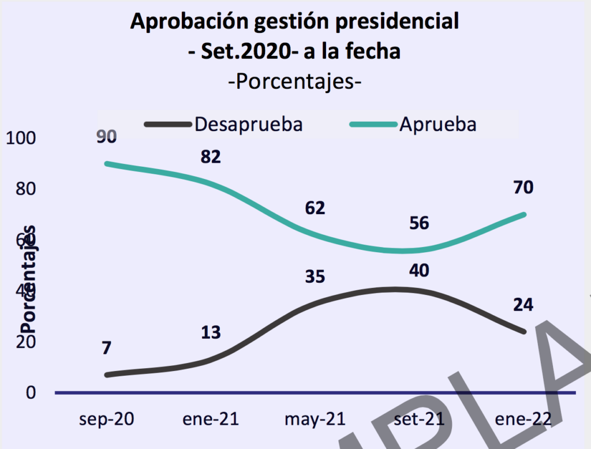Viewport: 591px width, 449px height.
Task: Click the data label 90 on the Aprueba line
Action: click(107, 137)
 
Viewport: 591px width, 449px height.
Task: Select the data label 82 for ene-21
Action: click(211, 156)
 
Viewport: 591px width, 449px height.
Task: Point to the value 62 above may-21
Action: click(315, 207)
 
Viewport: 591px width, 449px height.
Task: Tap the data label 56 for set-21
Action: click(419, 223)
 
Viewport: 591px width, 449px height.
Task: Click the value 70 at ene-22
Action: click(522, 188)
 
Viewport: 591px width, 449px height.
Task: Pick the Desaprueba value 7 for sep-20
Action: click(107, 348)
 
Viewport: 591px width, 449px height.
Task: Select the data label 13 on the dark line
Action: click(211, 332)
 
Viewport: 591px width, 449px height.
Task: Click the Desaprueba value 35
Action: click(315, 276)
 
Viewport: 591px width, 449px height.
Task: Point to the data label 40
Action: click(419, 270)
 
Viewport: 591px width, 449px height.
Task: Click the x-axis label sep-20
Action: click(107, 418)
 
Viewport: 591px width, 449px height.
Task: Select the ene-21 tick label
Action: click(211, 418)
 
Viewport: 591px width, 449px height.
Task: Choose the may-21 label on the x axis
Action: click(315, 418)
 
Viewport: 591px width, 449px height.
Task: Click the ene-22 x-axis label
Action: click(522, 418)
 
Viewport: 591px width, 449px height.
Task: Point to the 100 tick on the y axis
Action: click(21, 139)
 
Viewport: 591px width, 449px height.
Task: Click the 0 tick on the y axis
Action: click(30, 392)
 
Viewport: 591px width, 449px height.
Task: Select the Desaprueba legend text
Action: click(249, 124)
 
